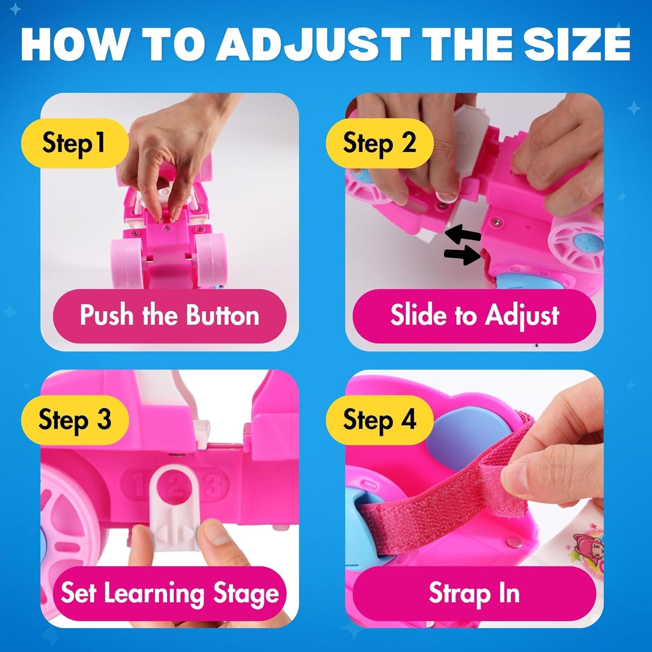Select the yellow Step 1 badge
[75, 143]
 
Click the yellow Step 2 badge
[379, 143]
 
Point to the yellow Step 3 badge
[75, 420]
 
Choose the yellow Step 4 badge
[379, 420]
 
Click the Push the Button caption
[170, 315]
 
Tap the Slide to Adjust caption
[474, 315]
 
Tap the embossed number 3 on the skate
[216, 484]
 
